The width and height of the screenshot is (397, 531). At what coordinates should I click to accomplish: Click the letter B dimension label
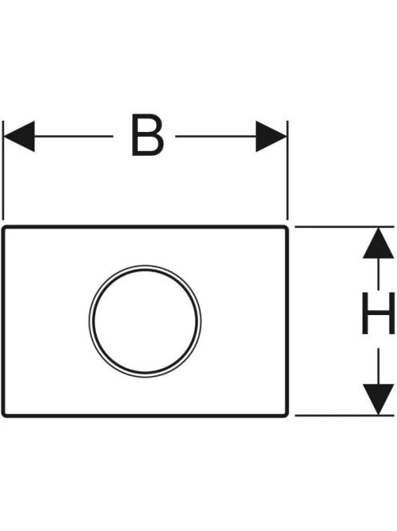click(147, 135)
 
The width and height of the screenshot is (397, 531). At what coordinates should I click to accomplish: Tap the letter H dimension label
click(379, 313)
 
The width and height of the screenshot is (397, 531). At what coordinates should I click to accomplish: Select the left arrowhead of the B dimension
click(18, 137)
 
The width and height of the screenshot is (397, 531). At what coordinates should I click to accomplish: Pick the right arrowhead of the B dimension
click(271, 137)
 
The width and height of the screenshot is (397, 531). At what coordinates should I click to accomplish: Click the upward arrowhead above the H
click(379, 243)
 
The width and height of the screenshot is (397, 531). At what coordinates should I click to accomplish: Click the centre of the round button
click(145, 321)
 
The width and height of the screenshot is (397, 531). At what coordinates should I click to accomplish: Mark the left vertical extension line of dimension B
click(3, 170)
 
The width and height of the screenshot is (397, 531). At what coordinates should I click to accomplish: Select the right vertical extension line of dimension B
click(287, 170)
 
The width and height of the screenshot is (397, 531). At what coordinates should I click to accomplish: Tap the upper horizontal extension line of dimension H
click(344, 227)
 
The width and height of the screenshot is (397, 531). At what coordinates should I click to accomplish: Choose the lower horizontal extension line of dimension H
click(344, 416)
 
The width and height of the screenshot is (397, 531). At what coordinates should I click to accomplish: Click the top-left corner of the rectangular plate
click(4, 228)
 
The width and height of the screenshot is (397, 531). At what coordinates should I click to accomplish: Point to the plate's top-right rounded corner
click(287, 228)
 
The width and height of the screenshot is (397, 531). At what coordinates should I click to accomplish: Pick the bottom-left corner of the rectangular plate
click(4, 415)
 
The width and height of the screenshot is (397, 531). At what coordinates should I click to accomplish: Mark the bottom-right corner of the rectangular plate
click(287, 415)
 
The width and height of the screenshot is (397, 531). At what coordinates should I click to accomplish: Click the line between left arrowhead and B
click(74, 137)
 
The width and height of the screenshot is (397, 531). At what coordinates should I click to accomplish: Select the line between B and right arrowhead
click(215, 137)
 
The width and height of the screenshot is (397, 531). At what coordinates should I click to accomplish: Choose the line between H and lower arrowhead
click(379, 367)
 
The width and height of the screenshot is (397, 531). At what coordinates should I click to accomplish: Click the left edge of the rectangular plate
click(3, 321)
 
